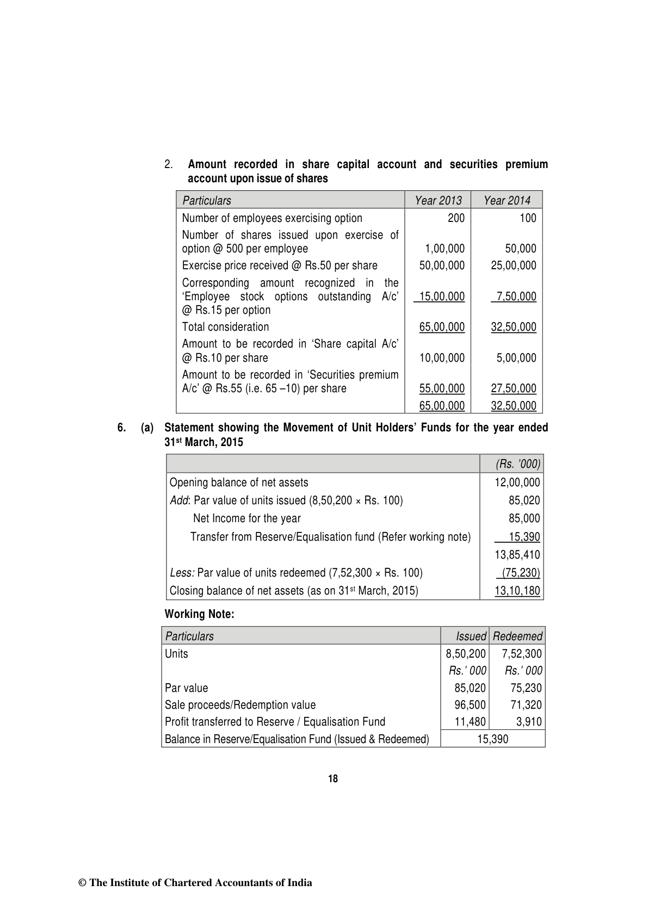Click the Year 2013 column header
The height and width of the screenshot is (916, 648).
pyautogui.click(x=438, y=201)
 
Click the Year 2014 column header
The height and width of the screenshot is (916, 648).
pyautogui.click(x=507, y=201)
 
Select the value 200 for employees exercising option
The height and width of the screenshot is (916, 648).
pyautogui.click(x=456, y=218)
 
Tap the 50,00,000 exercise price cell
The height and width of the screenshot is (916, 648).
pyautogui.click(x=442, y=265)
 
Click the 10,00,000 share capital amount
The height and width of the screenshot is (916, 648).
pyautogui.click(x=442, y=358)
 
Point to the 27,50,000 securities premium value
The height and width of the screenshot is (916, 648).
pyautogui.click(x=513, y=388)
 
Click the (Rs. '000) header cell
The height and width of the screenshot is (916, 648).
pyautogui.click(x=517, y=464)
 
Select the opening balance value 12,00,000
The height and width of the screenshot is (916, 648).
pyautogui.click(x=517, y=482)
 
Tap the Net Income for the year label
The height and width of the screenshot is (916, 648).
pyautogui.click(x=246, y=518)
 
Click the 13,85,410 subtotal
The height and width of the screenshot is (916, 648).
pyautogui.click(x=517, y=555)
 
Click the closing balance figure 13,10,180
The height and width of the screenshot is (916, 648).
pyautogui.click(x=517, y=591)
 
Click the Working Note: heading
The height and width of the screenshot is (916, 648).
pyautogui.click(x=199, y=614)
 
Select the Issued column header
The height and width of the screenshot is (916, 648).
pyautogui.click(x=471, y=636)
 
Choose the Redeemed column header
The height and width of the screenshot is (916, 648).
pyautogui.click(x=517, y=636)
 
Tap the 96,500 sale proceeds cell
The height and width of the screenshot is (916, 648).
pyautogui.click(x=470, y=705)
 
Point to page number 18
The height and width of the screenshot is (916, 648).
pyautogui.click(x=333, y=779)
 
